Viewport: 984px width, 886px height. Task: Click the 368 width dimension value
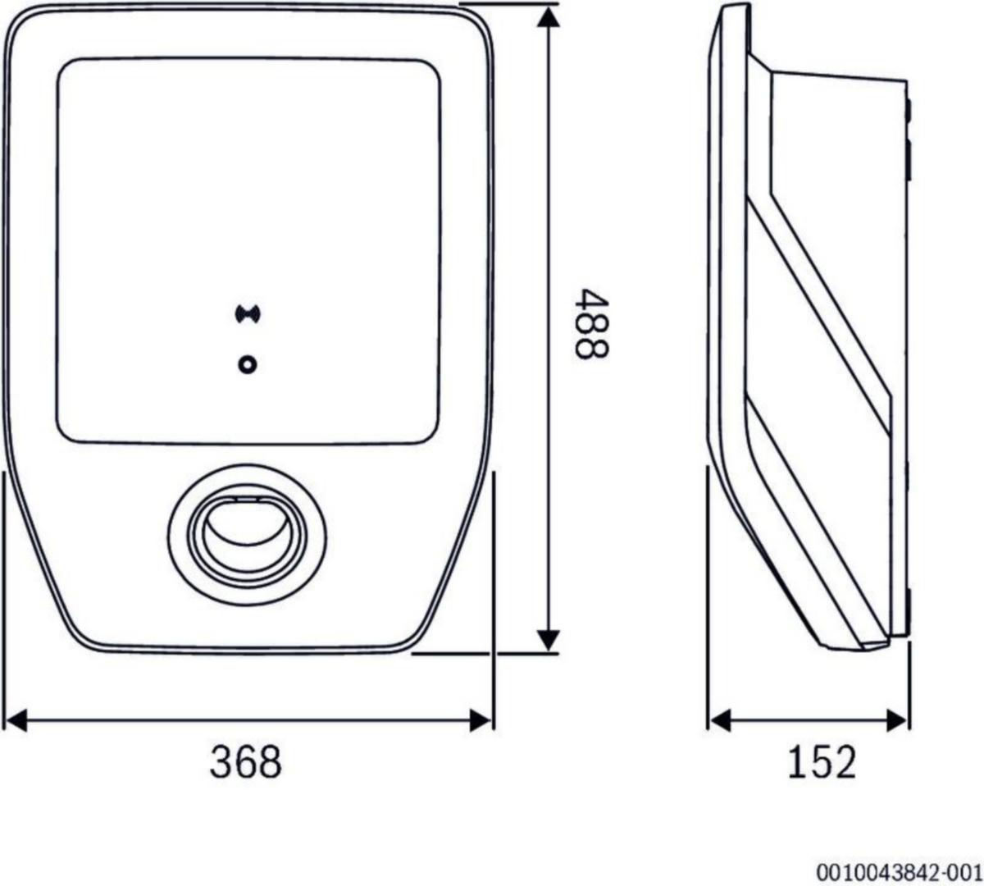246,762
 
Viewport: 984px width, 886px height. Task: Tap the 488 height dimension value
591,324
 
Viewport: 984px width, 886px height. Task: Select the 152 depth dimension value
822,762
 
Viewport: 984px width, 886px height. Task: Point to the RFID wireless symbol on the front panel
248,314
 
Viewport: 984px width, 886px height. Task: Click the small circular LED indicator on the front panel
247,365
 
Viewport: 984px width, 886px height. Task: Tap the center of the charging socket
247,535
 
